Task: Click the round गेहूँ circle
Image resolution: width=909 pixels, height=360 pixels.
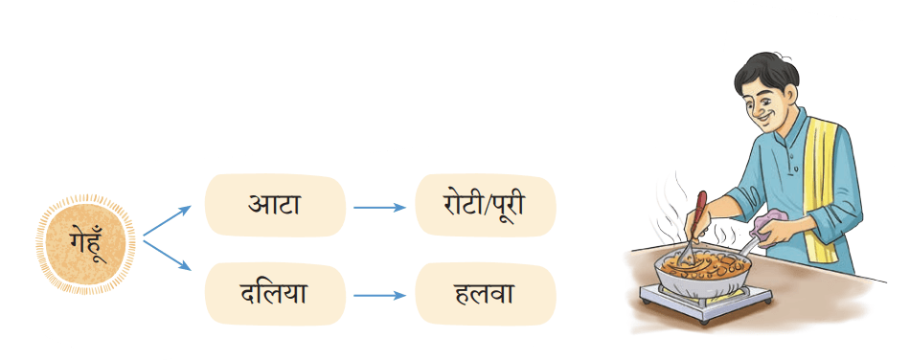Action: click(86, 244)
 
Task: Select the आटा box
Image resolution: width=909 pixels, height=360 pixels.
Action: click(275, 205)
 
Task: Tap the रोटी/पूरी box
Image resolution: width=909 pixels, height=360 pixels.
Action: click(486, 205)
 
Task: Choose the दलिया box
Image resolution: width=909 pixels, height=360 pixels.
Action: click(275, 293)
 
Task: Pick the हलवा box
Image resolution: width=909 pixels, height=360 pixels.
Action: click(486, 293)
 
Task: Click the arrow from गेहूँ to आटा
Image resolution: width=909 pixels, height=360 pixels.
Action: click(167, 221)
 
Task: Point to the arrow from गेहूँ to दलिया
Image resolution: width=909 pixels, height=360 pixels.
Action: click(167, 255)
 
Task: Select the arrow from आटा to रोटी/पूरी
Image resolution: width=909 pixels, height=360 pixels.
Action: click(379, 207)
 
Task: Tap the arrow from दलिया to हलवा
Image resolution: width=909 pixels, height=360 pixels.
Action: click(379, 295)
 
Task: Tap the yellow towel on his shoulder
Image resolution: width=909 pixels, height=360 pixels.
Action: click(822, 186)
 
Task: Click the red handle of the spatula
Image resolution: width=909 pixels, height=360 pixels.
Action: click(700, 213)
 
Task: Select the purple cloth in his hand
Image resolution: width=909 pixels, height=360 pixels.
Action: click(769, 229)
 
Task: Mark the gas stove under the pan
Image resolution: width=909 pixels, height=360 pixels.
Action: click(706, 301)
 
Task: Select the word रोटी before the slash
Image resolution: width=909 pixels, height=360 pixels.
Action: click(459, 204)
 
